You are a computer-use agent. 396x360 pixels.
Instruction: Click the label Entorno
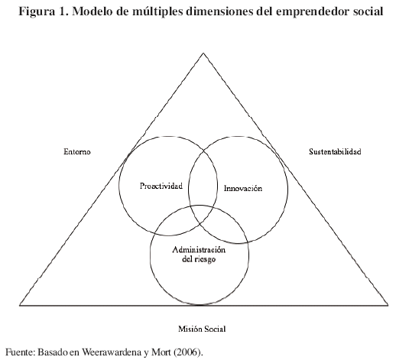[77, 151]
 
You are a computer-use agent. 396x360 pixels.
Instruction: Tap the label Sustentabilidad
[335, 151]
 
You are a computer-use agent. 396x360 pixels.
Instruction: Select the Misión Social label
[202, 329]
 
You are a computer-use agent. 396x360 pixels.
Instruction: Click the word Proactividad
[161, 186]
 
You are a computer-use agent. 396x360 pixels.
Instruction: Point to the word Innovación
[243, 188]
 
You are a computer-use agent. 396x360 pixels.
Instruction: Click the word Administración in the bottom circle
[199, 249]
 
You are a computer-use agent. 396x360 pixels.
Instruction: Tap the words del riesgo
[199, 259]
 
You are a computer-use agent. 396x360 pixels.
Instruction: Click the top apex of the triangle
[203, 53]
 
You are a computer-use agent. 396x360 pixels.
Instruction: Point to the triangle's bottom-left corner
[20, 305]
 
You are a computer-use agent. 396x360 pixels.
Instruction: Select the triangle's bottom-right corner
[388, 305]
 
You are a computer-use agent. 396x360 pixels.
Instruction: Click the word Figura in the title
[37, 11]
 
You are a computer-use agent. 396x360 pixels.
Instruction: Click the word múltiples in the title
[157, 11]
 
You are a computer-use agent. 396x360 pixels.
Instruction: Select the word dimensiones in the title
[220, 11]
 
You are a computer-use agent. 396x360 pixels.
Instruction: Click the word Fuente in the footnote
[20, 352]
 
